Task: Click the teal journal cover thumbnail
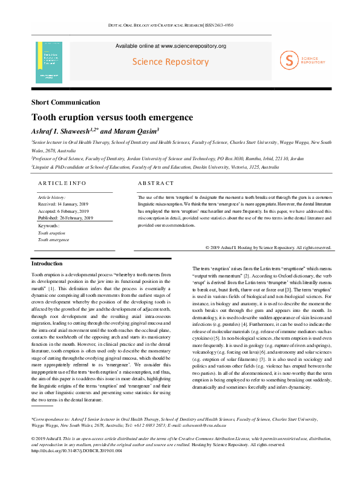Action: click(49, 62)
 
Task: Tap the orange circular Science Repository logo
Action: click(290, 59)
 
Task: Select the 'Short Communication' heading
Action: click(65, 103)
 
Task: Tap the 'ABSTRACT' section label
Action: click(155, 183)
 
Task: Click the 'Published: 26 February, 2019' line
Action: click(65, 218)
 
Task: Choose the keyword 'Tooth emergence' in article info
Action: click(54, 239)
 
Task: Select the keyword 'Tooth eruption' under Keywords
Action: click(52, 232)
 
